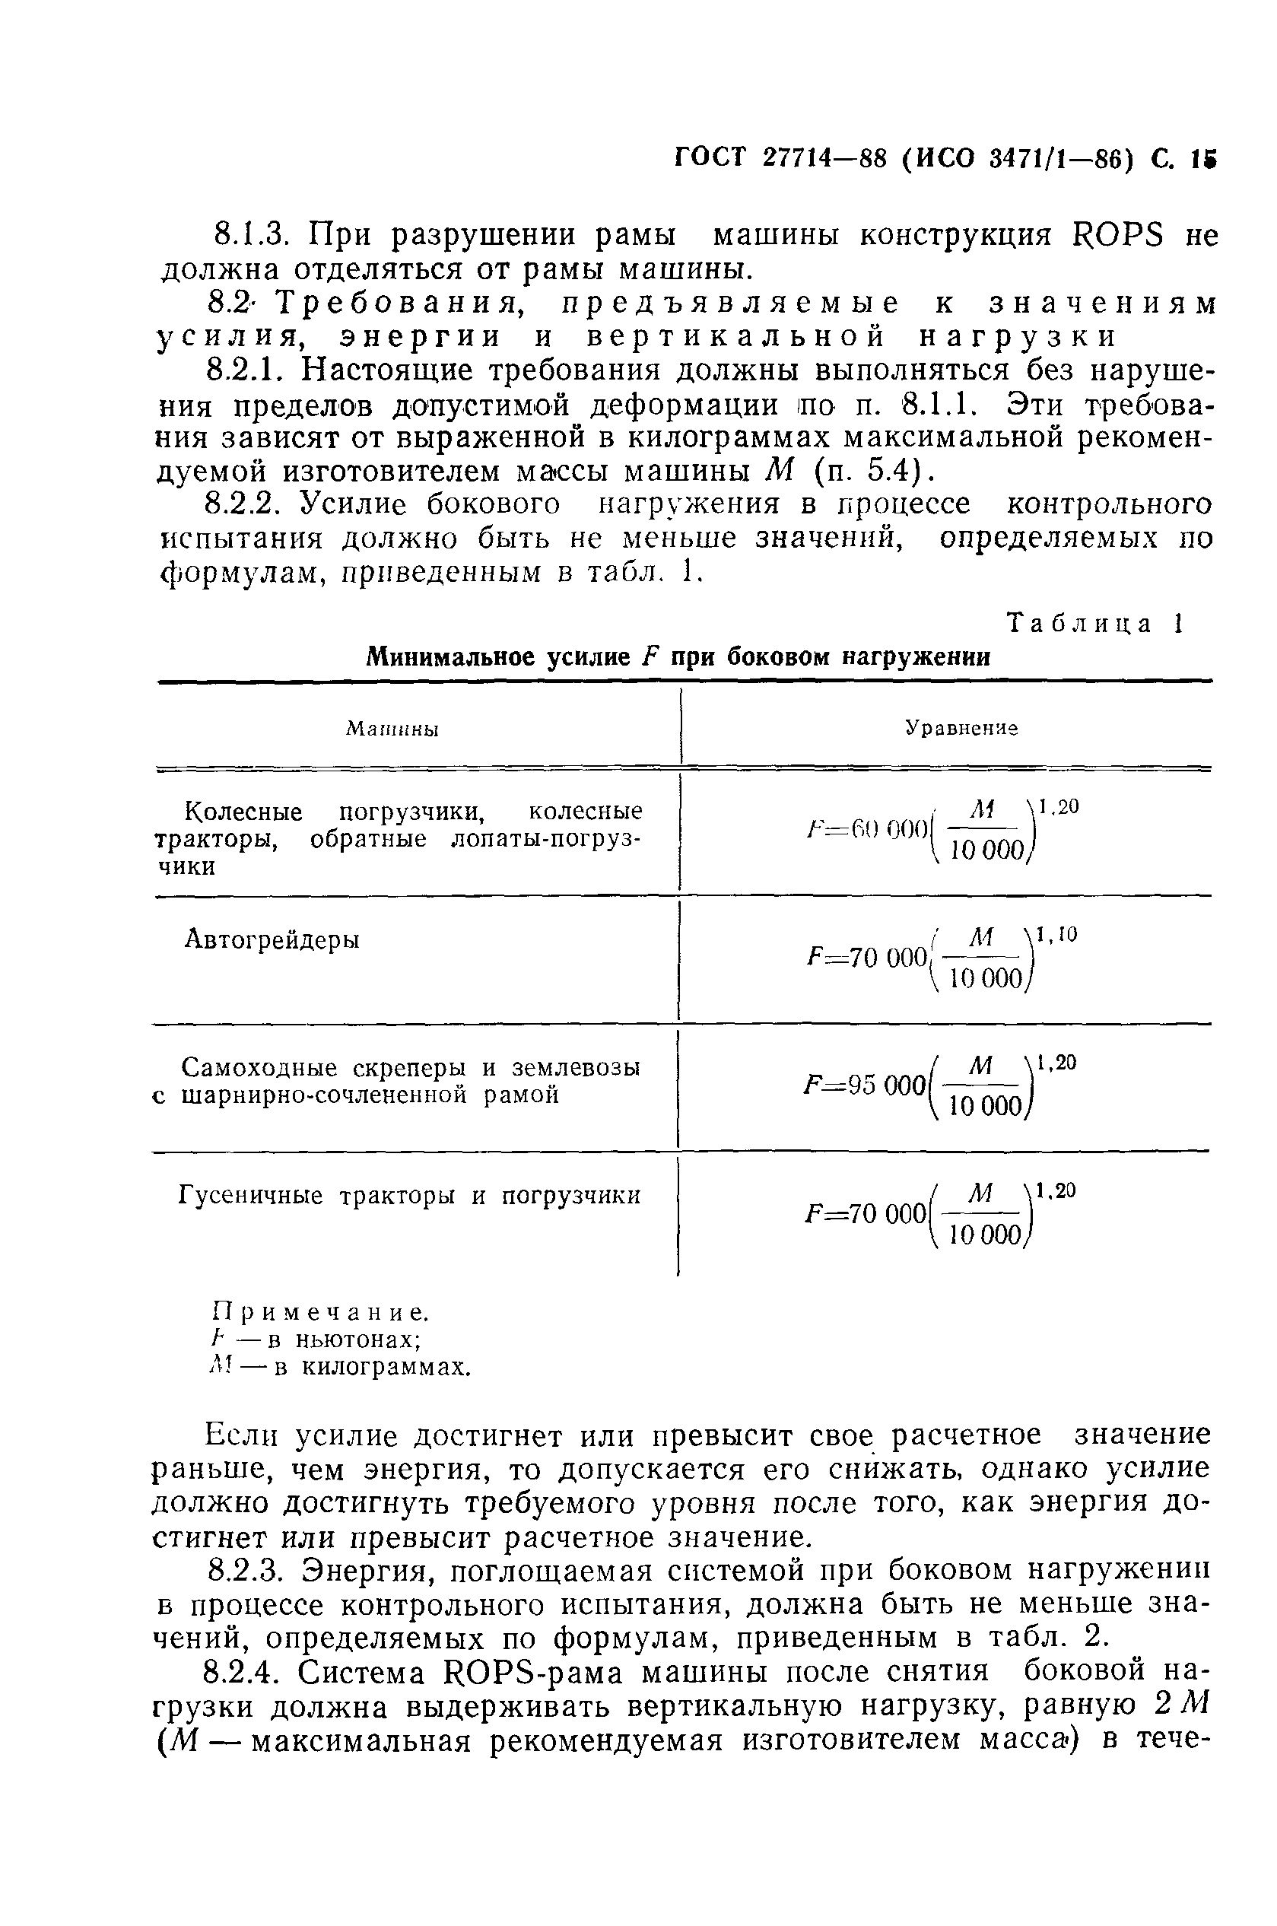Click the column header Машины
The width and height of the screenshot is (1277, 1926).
coord(392,729)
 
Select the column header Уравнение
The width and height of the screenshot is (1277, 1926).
coord(961,727)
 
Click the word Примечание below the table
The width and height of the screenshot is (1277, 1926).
coord(319,1314)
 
